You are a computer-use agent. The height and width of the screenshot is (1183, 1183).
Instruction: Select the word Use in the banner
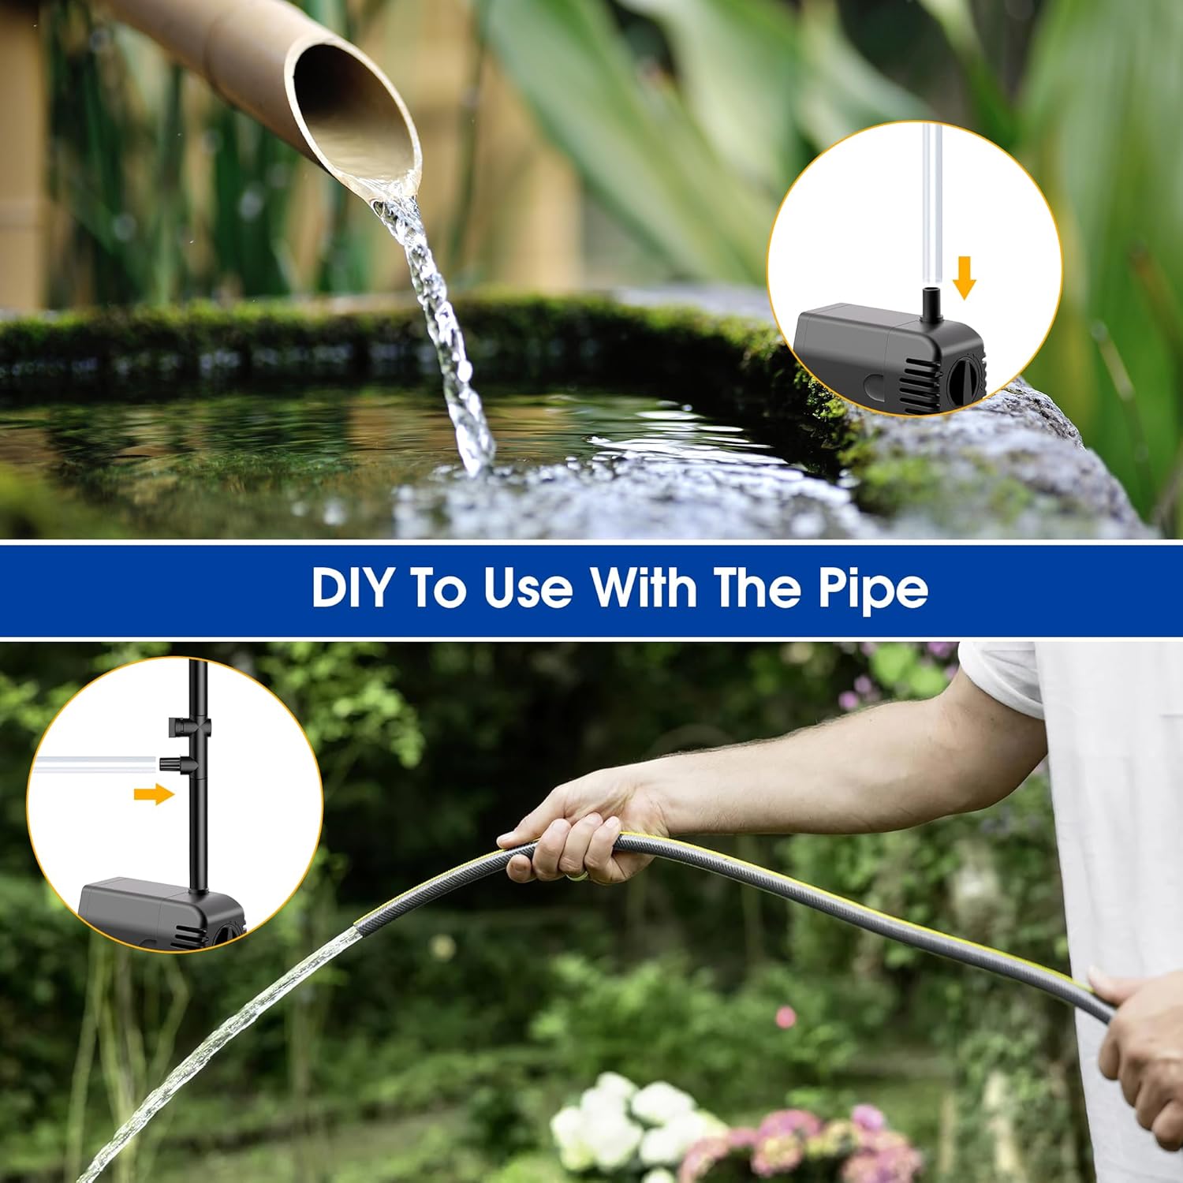pos(528,588)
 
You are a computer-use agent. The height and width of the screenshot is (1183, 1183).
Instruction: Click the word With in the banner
pos(644,588)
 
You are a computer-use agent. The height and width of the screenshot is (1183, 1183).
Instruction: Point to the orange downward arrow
pos(964,278)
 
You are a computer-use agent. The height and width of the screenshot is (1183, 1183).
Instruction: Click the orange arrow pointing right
pos(153,794)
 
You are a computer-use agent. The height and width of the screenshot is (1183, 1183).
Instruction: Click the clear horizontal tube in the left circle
pos(95,763)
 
